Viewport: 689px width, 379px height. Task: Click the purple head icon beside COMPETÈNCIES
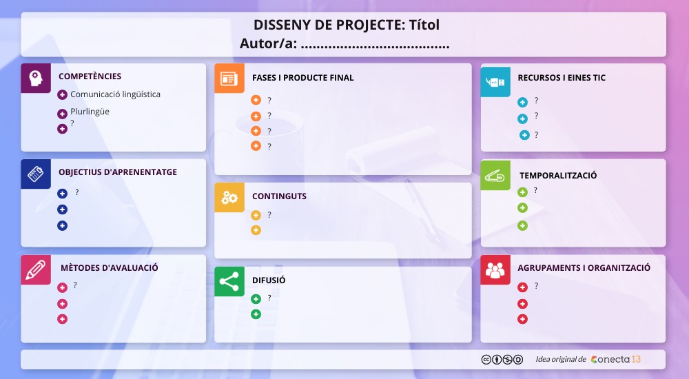(36, 78)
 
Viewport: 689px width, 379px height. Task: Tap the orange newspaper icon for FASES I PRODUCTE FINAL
(229, 79)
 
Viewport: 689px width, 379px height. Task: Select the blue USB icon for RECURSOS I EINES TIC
(495, 82)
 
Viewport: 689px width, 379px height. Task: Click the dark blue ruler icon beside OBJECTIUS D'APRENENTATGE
(36, 174)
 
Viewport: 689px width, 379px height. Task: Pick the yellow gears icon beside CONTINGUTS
(229, 198)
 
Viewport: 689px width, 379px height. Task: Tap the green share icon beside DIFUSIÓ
(229, 281)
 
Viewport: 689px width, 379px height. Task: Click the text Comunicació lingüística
(115, 94)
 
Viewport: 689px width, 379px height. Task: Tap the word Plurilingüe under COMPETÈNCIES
(90, 112)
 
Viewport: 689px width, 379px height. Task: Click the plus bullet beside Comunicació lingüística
(62, 95)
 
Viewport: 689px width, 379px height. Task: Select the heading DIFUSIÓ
(269, 280)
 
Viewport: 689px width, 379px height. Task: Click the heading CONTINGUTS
(279, 196)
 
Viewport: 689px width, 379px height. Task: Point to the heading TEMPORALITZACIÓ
(558, 176)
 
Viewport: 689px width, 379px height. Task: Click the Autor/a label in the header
(269, 44)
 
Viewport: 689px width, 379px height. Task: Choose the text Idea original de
(560, 359)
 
